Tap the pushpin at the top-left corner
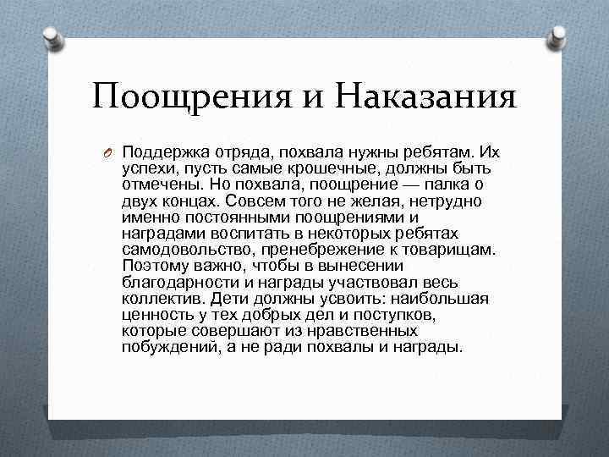coord(52,36)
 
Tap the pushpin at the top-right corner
coord(559,36)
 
